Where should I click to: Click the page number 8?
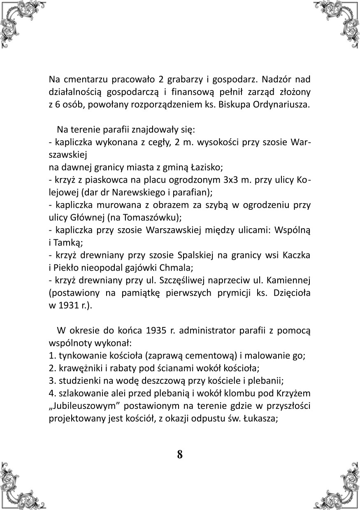click(180, 454)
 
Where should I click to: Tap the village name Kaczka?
click(296, 255)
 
